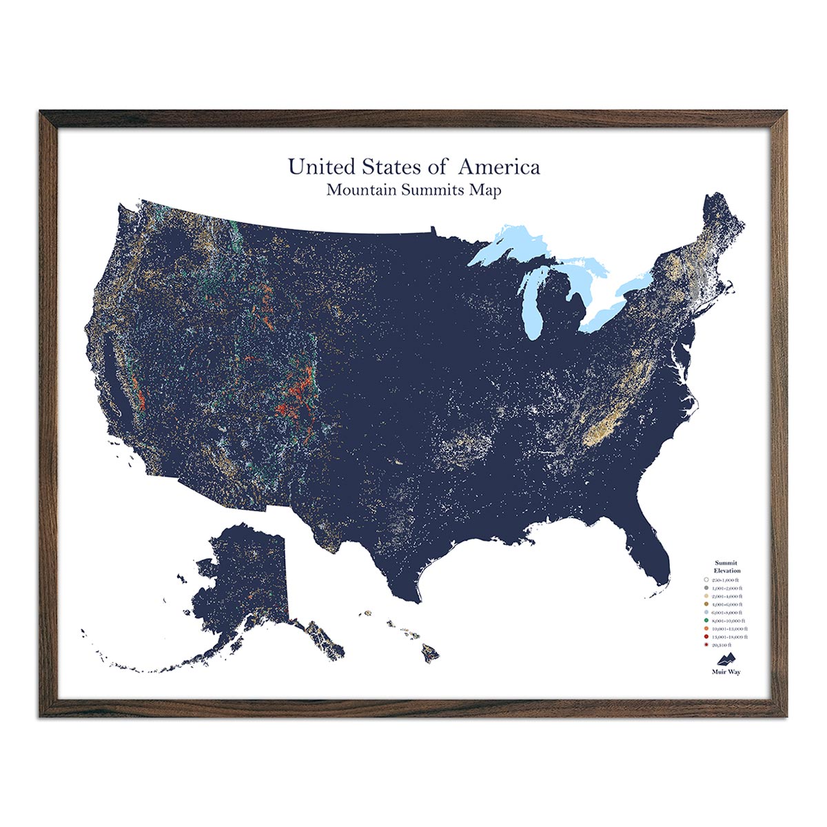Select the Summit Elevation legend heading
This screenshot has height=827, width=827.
(727, 566)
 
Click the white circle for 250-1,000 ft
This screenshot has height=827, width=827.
(706, 580)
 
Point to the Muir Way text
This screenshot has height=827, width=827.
(726, 672)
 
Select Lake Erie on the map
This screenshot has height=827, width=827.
(606, 314)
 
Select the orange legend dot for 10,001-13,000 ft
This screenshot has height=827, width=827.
(706, 629)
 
